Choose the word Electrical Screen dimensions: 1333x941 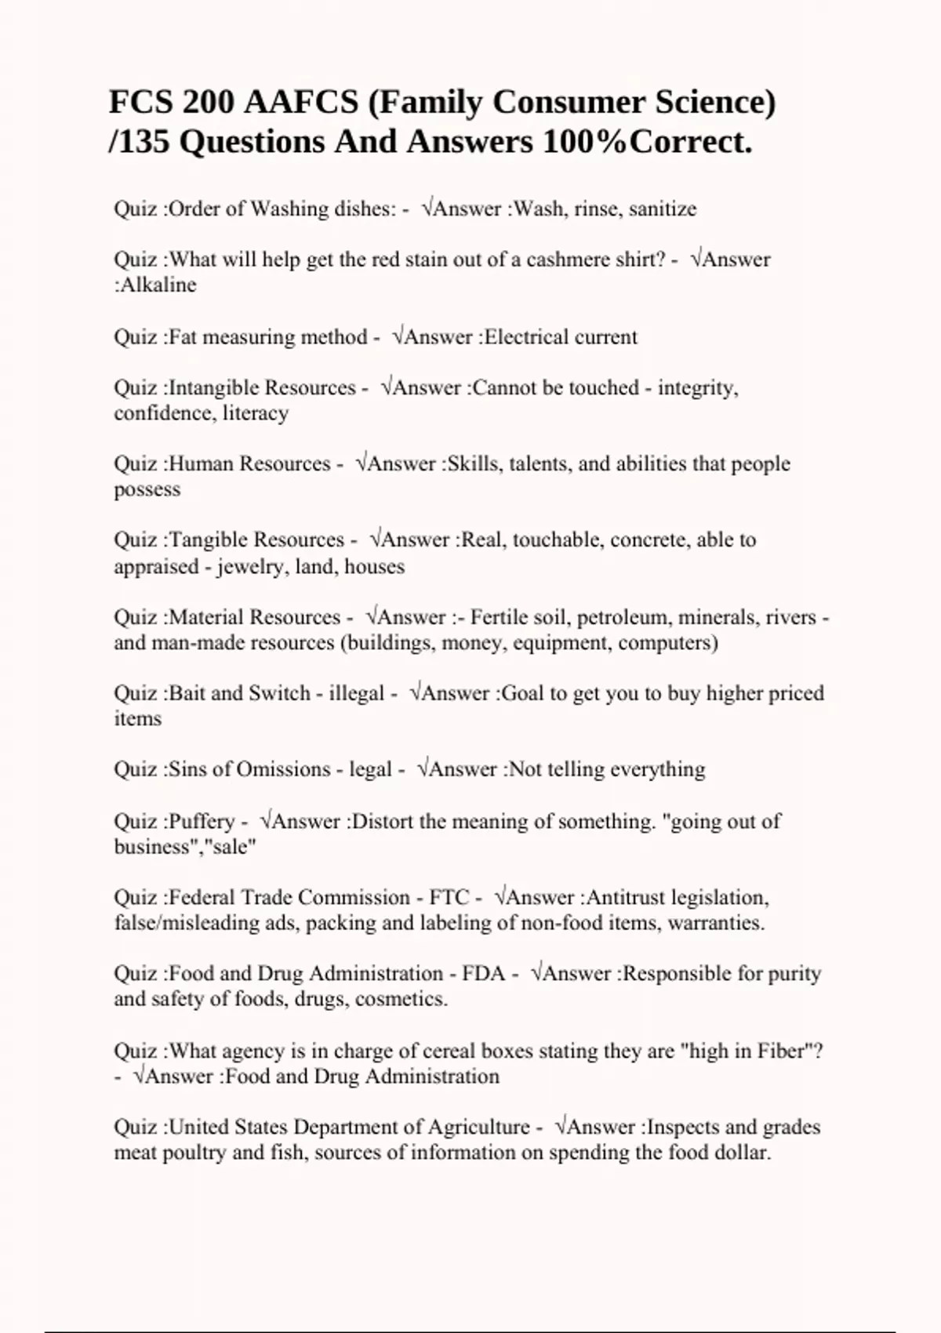tap(525, 336)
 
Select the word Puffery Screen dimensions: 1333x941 tap(202, 821)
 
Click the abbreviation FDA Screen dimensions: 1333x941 tap(484, 973)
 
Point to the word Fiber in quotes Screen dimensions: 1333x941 tap(787, 1051)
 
